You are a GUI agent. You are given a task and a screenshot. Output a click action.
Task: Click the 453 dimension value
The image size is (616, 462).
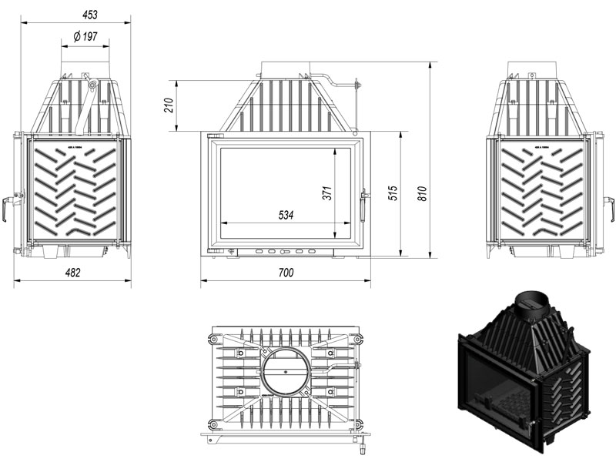click(x=75, y=14)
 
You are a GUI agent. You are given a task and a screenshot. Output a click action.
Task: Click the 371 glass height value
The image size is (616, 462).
click(x=326, y=194)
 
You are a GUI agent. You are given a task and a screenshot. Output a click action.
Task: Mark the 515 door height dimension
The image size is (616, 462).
click(x=392, y=194)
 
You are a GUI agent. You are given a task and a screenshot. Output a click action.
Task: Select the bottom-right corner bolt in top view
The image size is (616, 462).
click(x=357, y=423)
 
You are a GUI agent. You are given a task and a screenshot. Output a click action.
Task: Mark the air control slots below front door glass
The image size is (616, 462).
click(x=286, y=251)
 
